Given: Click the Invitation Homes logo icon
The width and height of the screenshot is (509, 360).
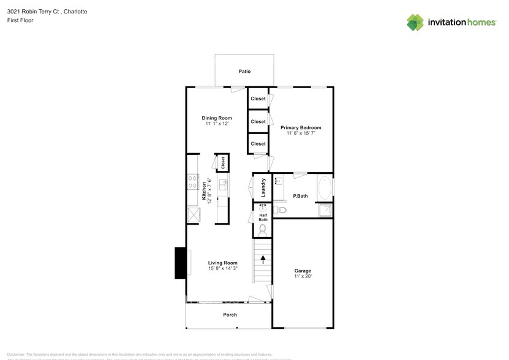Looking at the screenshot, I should tap(415, 22).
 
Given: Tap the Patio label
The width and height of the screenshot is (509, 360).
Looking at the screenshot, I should tap(244, 72).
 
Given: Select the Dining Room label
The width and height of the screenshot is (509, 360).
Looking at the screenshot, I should tap(217, 118).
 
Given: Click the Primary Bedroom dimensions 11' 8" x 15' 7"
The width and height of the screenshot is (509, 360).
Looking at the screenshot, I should tap(301, 133).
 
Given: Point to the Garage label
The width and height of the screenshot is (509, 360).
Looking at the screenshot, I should tap(303, 271).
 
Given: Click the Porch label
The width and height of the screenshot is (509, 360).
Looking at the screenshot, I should tap(229, 315).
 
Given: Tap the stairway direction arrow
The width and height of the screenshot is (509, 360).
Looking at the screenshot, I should tap(263, 259).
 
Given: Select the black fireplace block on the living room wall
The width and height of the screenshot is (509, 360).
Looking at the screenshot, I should tap(180, 262).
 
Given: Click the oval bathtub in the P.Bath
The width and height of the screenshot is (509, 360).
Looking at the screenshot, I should tap(325, 188).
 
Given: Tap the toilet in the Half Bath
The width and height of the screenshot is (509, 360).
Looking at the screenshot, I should tap(263, 230).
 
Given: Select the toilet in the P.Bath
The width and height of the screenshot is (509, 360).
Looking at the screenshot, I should tap(281, 210).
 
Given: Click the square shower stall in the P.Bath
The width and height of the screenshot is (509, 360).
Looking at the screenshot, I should tap(325, 210).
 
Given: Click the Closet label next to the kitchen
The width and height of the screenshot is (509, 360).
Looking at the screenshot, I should tap(223, 162).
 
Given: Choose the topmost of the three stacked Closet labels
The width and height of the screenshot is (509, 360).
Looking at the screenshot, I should tap(258, 99).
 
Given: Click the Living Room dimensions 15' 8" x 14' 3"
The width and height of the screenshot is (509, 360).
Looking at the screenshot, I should tap(222, 268).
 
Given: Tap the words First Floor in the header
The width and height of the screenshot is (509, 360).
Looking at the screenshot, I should tap(21, 20).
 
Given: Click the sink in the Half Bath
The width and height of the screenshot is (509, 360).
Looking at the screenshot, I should tap(262, 208).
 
